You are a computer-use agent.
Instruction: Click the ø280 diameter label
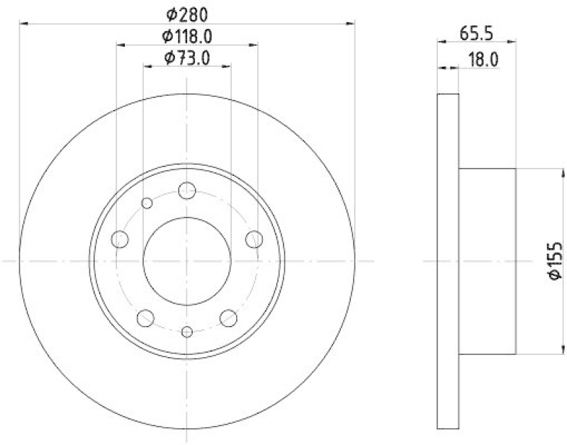[x=187, y=13]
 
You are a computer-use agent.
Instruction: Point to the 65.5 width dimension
[x=476, y=33]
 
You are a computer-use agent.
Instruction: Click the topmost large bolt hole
[x=187, y=190]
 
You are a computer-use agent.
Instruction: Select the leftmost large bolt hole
[x=120, y=240]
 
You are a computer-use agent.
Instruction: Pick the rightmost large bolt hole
[x=254, y=240]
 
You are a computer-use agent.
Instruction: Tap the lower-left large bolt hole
[x=146, y=318]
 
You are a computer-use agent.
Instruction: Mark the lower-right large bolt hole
[x=228, y=318]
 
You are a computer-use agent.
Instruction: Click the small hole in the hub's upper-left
[x=147, y=203]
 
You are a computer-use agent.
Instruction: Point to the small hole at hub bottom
[x=187, y=332]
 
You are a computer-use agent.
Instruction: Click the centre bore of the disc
[x=187, y=261]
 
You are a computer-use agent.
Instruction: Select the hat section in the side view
[x=488, y=261]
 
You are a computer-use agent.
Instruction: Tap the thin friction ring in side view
[x=448, y=261]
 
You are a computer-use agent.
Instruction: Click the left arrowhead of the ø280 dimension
[x=23, y=23]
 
